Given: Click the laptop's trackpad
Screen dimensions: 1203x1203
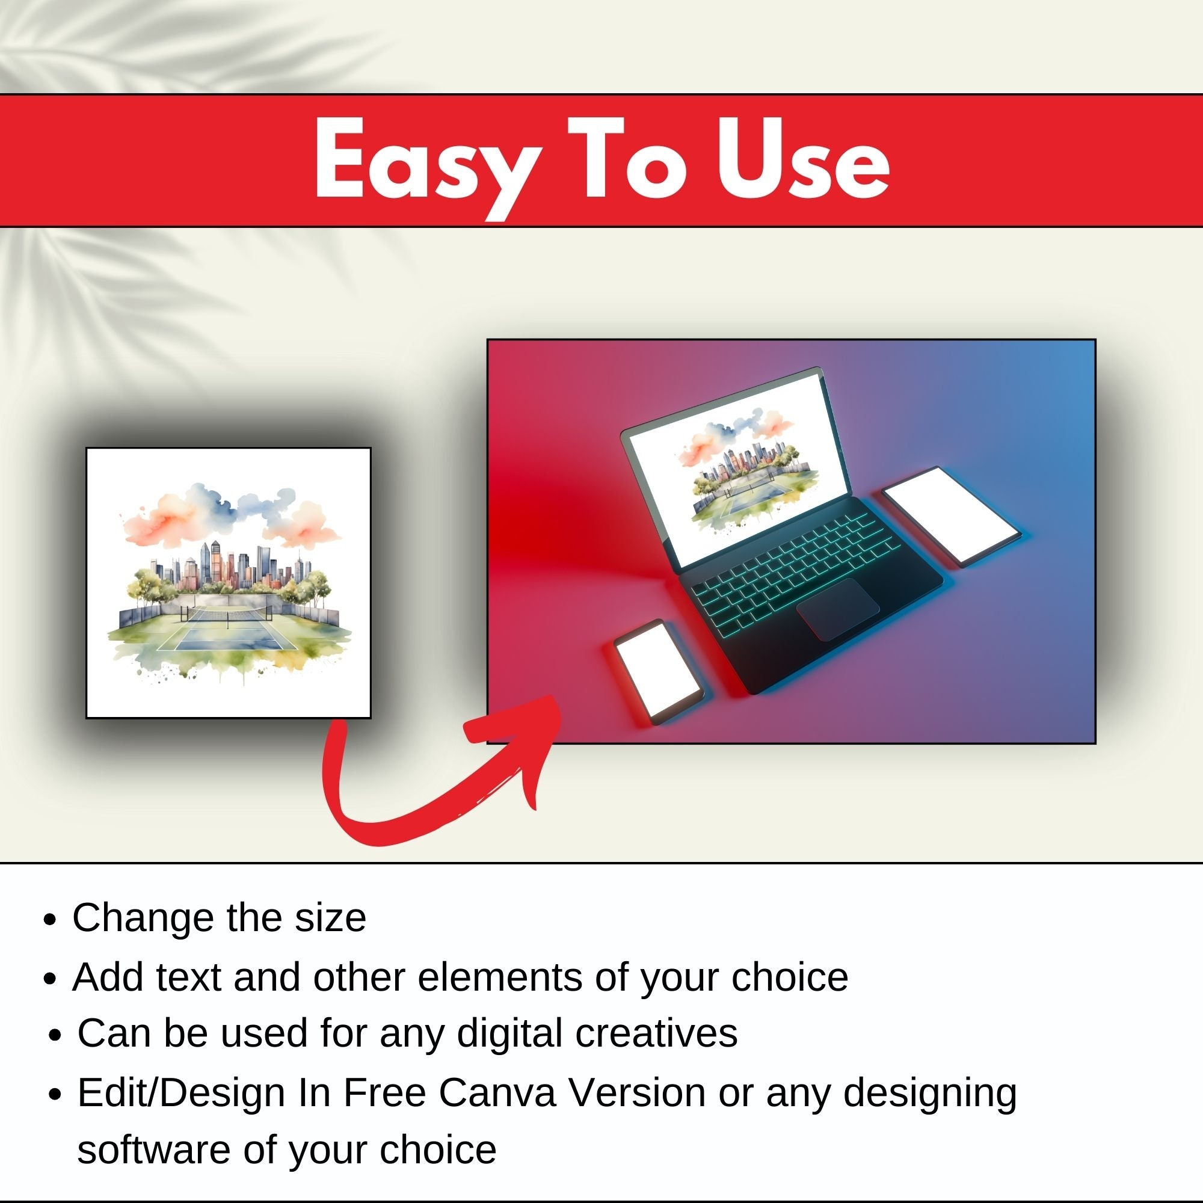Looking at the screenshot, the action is [838, 609].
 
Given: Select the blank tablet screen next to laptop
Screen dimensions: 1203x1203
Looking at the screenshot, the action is [951, 516].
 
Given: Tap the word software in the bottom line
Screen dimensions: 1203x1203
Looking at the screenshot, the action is [154, 1150].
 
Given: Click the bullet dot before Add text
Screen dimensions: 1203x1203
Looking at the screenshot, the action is [51, 978].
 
